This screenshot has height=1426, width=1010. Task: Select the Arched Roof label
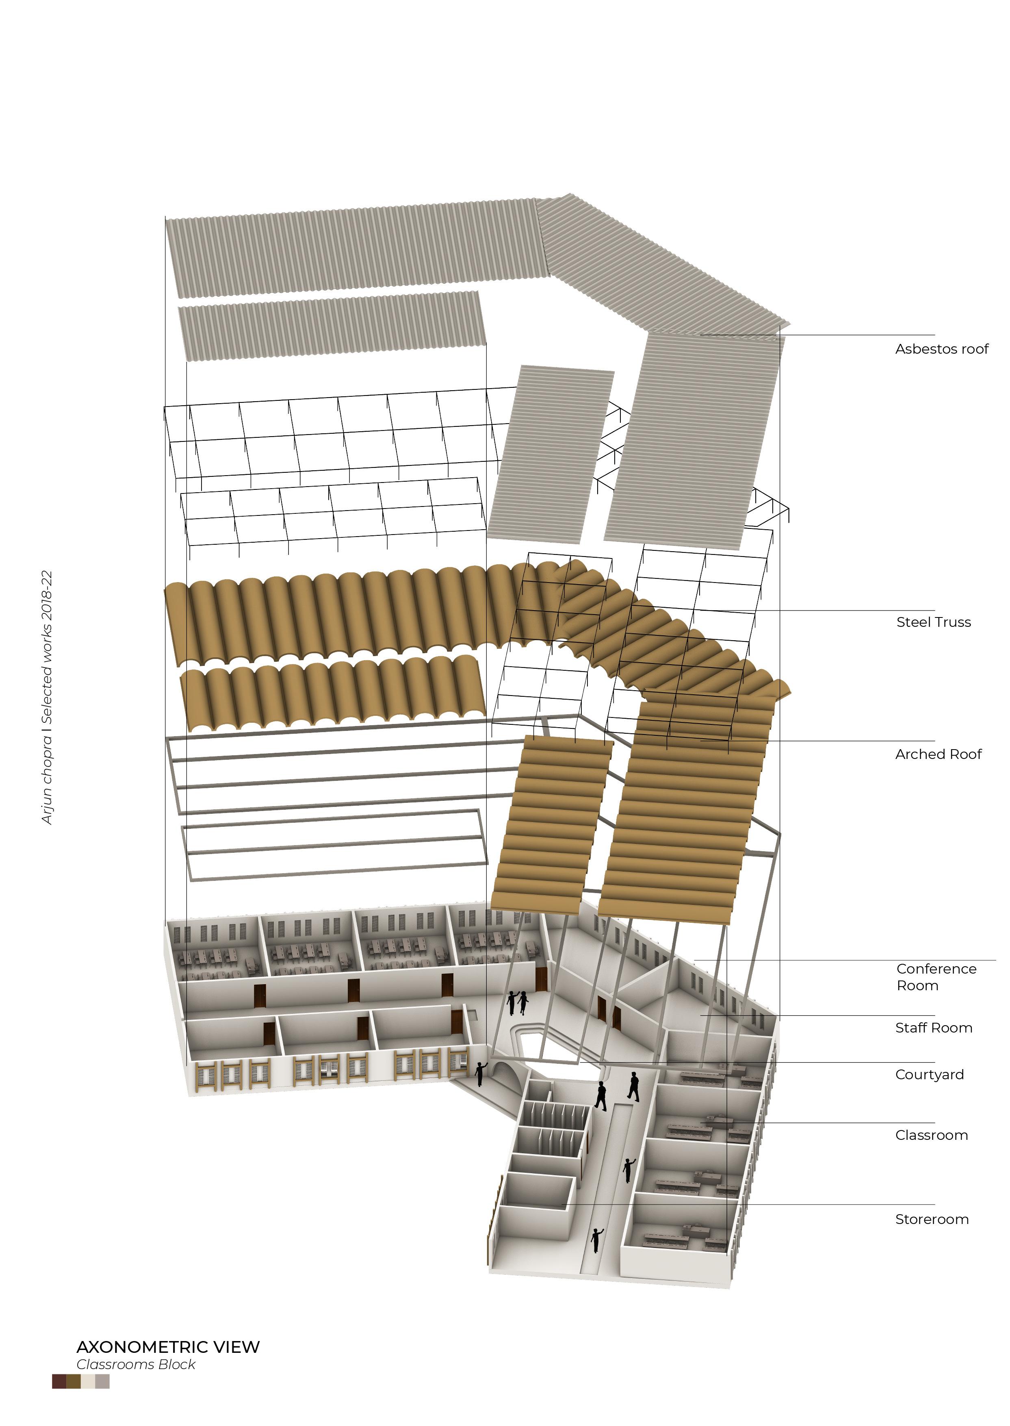[x=938, y=754]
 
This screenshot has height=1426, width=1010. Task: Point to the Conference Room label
[x=936, y=977]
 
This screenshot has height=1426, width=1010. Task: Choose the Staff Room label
[x=934, y=1028]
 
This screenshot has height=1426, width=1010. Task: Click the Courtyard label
[x=929, y=1074]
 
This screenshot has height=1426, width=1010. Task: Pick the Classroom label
[x=931, y=1135]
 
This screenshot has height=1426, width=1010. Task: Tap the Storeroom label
[x=932, y=1219]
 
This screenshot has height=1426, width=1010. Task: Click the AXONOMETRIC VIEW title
[x=168, y=1347]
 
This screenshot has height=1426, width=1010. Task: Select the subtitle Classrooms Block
[x=136, y=1364]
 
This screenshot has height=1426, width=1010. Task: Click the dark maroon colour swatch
[x=59, y=1381]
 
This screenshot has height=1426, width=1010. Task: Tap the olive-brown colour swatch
[x=74, y=1381]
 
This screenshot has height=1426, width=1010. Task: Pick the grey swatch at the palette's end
[x=103, y=1381]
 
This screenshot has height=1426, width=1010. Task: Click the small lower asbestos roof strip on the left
[x=333, y=327]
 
